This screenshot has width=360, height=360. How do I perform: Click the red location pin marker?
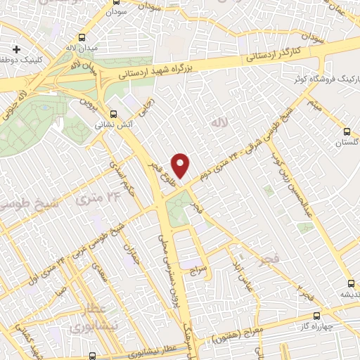(x=181, y=165)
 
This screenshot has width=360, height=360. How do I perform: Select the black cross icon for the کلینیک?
(x=16, y=50)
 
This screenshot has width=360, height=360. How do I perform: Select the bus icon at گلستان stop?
(x=347, y=131)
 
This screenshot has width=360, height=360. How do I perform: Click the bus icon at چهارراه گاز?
(x=316, y=316)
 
